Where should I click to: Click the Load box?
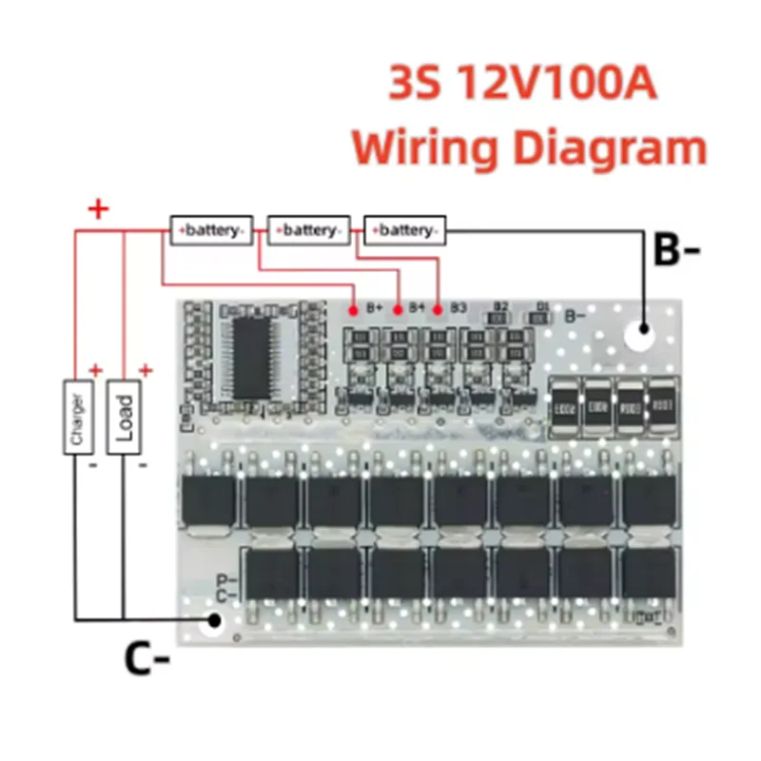pos(124,416)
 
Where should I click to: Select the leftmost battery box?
pos(211,230)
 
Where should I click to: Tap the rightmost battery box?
pos(404,230)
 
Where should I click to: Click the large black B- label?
pos(676,253)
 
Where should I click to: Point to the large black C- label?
pos(146,658)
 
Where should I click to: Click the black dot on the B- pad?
pos(644,330)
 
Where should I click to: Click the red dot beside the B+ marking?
pos(354,309)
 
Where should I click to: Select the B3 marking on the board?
pos(459,307)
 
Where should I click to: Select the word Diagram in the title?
pos(610,149)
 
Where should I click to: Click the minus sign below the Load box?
pos(144,466)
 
